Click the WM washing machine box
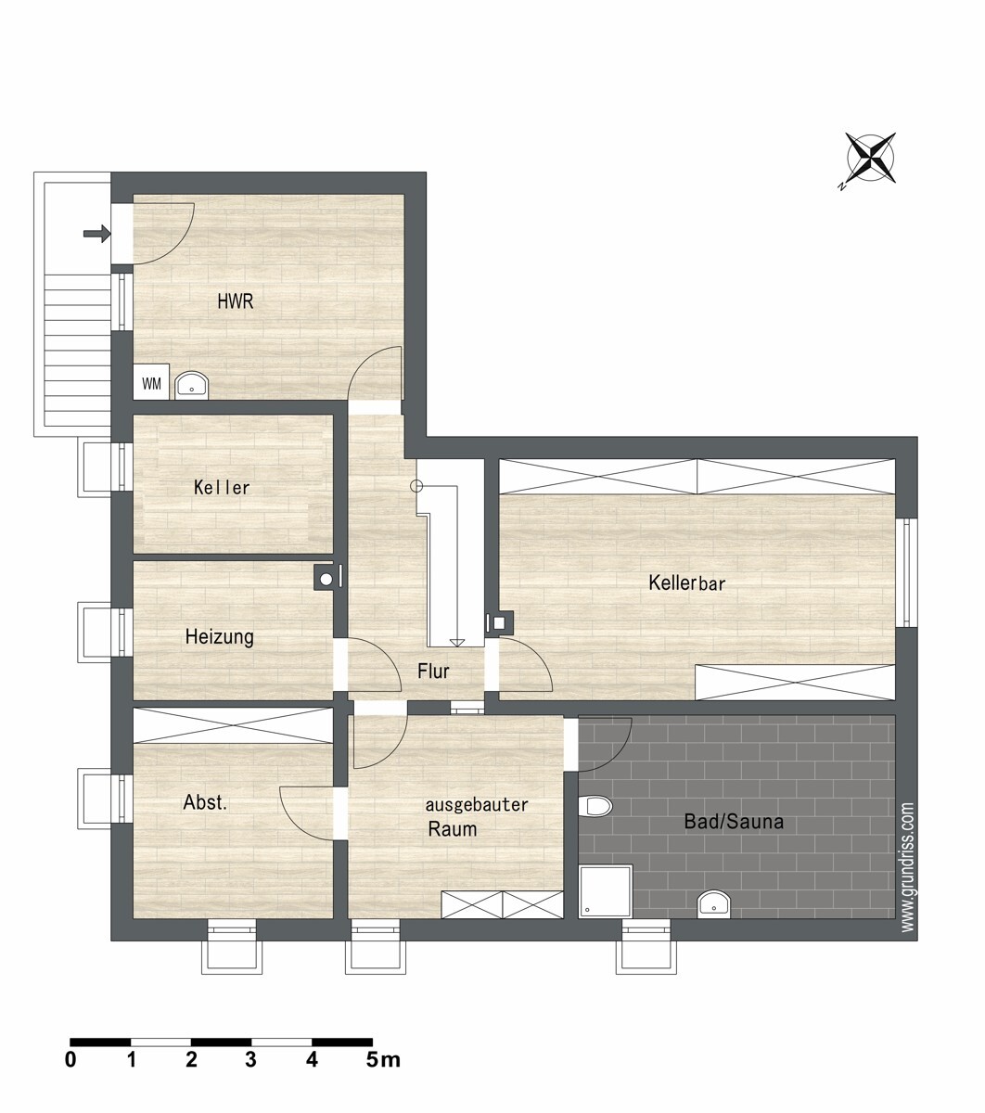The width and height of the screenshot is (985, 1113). pos(151,381)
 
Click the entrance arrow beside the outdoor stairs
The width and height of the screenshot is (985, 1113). pos(97,234)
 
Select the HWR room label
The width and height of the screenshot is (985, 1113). pos(236,301)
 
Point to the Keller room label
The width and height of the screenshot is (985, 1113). pos(222,487)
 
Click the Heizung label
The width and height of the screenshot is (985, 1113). pos(219,636)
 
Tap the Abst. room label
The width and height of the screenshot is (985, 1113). pos(205,802)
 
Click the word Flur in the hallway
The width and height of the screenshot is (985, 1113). pos(433,671)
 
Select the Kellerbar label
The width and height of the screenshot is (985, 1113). pos(686,582)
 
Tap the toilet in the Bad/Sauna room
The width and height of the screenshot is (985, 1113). pos(595,806)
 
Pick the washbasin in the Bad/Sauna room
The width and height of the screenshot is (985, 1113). pos(714,903)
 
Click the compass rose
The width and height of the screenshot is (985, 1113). pos(871,158)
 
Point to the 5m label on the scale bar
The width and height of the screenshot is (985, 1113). pos(383,1060)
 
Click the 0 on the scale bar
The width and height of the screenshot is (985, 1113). pos(70,1060)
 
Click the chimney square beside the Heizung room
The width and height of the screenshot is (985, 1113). pos(326,579)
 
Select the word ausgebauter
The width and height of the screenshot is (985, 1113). pos(477,805)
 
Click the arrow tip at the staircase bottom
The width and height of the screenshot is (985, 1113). pos(456,646)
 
